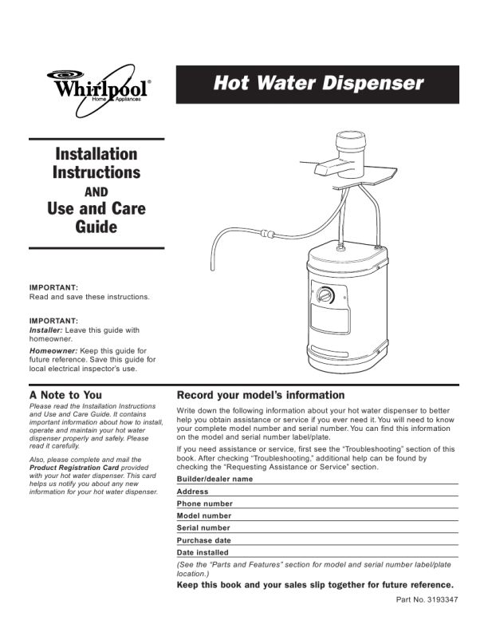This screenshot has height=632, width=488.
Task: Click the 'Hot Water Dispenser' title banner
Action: [317, 85]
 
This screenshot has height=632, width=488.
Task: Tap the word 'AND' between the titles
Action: [96, 192]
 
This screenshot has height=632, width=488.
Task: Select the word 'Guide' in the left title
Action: [96, 227]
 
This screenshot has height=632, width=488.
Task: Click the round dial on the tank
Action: [325, 294]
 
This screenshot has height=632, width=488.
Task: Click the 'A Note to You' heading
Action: [65, 395]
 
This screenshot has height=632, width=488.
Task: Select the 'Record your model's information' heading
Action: [261, 395]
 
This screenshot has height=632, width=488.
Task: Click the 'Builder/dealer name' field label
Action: [214, 479]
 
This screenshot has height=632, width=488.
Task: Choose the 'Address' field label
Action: [192, 492]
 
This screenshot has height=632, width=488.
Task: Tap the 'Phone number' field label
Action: [205, 504]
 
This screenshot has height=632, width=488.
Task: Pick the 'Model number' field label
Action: [204, 515]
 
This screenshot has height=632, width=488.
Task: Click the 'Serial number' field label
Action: [203, 527]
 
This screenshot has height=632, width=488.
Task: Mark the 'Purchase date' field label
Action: [204, 540]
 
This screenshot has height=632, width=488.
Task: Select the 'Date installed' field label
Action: [203, 552]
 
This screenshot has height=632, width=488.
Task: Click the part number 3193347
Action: [442, 599]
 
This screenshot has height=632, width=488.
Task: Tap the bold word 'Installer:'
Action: [46, 330]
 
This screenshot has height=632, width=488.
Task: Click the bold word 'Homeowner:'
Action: [53, 350]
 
